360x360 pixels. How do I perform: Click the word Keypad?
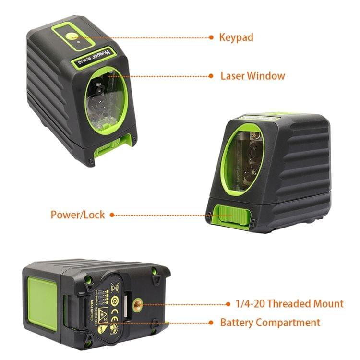pos(236,37)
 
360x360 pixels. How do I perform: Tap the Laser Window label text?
pos(252,76)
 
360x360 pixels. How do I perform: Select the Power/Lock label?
pos(78,215)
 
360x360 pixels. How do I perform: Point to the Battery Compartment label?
pos(270,322)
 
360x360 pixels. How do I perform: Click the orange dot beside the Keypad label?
pos(212,37)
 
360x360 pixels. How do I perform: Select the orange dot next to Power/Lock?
pos(112,215)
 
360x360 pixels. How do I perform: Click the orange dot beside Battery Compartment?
pos(212,323)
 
